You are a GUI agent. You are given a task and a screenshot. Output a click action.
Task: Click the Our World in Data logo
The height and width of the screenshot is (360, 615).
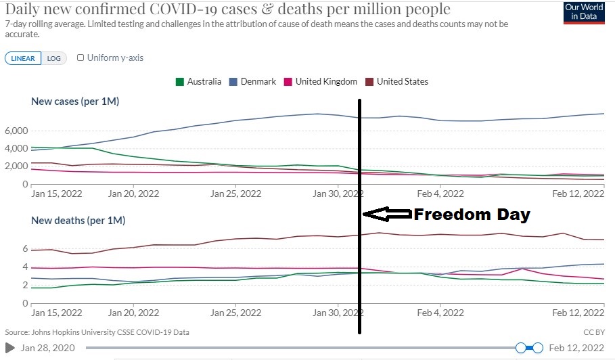coord(583,13)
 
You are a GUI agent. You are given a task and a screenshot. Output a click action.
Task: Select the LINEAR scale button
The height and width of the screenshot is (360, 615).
coord(23,58)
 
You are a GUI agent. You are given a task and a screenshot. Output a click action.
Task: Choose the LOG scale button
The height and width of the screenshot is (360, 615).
coord(53,58)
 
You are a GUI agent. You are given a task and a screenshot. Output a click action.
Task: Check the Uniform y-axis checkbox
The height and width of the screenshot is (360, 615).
coord(81,58)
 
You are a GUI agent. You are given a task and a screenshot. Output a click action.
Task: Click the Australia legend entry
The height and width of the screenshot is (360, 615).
coord(199,82)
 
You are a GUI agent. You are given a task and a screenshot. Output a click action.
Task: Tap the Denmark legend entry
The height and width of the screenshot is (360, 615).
coord(254,82)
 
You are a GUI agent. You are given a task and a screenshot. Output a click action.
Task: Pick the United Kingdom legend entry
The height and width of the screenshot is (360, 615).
coord(321,82)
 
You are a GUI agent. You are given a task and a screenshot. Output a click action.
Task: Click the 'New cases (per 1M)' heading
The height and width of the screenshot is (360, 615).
coord(75,102)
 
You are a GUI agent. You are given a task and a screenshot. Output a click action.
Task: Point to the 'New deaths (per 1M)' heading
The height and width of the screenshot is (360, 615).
coord(78,220)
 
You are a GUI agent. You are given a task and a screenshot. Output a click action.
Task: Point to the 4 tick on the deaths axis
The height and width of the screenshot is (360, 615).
coord(24,267)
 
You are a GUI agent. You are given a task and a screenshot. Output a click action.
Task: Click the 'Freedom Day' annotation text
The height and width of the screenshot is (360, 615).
coord(472,215)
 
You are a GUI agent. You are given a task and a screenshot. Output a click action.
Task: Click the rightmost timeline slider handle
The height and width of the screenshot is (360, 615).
coord(538,348)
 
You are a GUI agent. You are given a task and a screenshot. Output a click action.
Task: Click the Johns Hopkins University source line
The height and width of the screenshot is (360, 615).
coord(97,332)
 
